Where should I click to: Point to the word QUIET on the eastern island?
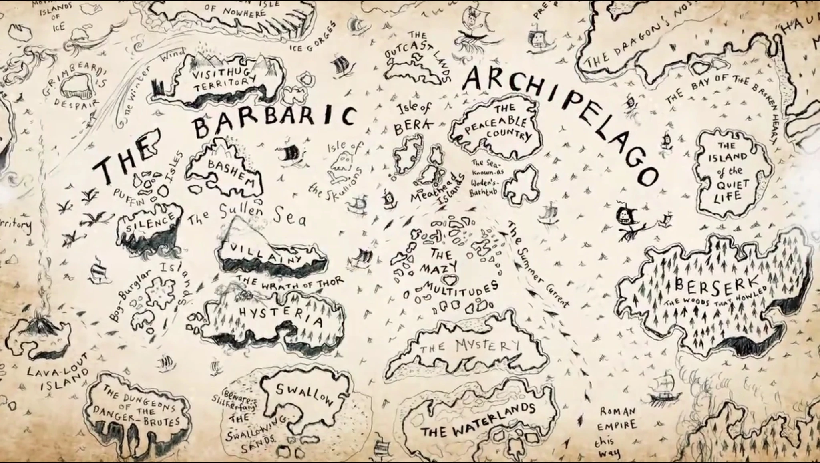[x=729, y=185]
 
